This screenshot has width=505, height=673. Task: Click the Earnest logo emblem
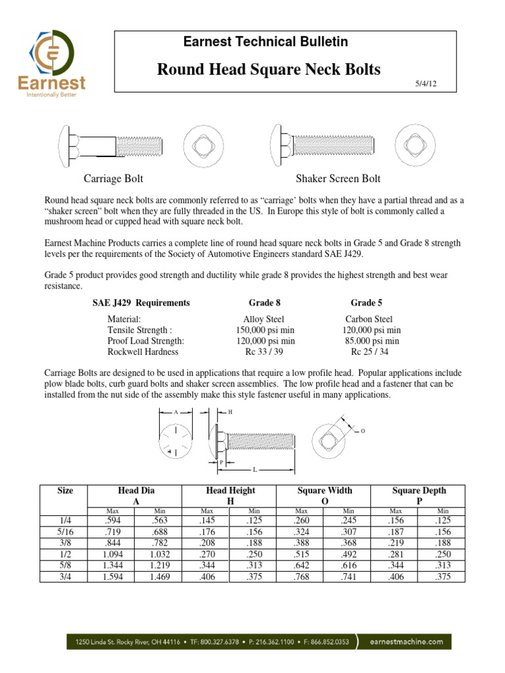[55, 51]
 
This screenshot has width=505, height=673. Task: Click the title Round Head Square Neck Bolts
[268, 70]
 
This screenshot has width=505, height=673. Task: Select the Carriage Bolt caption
[113, 179]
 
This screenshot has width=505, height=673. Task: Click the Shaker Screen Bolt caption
[338, 179]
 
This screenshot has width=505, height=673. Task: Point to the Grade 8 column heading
[264, 303]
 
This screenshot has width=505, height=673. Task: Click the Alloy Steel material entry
[264, 319]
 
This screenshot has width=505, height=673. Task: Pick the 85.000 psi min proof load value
[372, 341]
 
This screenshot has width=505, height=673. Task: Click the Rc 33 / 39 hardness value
[264, 352]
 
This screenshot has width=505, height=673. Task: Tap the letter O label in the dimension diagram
[363, 431]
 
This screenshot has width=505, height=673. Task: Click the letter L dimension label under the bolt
[254, 470]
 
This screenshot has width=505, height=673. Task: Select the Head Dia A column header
[136, 496]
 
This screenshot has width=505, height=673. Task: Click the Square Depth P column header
[419, 496]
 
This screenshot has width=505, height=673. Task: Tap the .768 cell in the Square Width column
[301, 576]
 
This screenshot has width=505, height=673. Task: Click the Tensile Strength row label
[139, 331]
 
